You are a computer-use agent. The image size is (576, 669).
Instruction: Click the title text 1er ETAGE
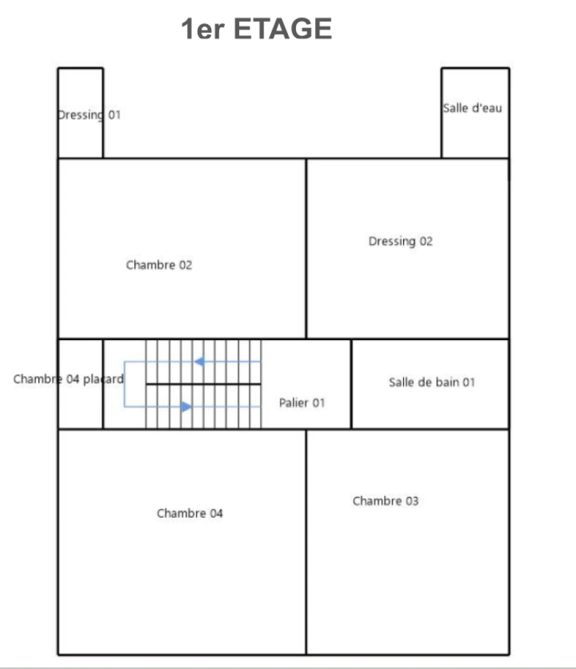point(256,29)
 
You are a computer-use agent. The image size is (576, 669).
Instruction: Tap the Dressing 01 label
point(89,115)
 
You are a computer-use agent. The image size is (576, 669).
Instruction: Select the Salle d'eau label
point(473,108)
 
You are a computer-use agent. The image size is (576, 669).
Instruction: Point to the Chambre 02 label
point(159,265)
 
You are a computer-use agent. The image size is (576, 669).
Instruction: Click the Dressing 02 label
point(401,242)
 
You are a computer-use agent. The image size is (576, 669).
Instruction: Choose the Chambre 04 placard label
point(69,379)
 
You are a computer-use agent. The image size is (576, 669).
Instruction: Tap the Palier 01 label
point(302,403)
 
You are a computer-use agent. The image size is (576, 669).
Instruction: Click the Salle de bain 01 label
point(432,382)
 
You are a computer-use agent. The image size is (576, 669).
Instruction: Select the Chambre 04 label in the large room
point(190,514)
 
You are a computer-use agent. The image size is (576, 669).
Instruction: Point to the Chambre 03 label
point(386,501)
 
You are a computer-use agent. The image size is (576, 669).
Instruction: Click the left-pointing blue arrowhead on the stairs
point(199,362)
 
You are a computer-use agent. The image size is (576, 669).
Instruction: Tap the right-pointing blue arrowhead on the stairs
point(186,406)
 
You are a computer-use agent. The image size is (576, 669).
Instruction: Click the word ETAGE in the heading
point(283,29)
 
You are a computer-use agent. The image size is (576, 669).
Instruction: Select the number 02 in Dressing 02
point(426,242)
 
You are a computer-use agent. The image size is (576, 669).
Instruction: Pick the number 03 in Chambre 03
point(412,501)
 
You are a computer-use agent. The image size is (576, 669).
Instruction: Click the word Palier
point(294,403)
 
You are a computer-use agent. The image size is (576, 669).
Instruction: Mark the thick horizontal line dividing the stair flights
point(203,385)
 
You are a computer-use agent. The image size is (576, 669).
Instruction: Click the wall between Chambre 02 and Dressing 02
point(306,249)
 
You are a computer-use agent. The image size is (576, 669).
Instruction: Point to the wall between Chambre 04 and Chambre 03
point(306,542)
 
